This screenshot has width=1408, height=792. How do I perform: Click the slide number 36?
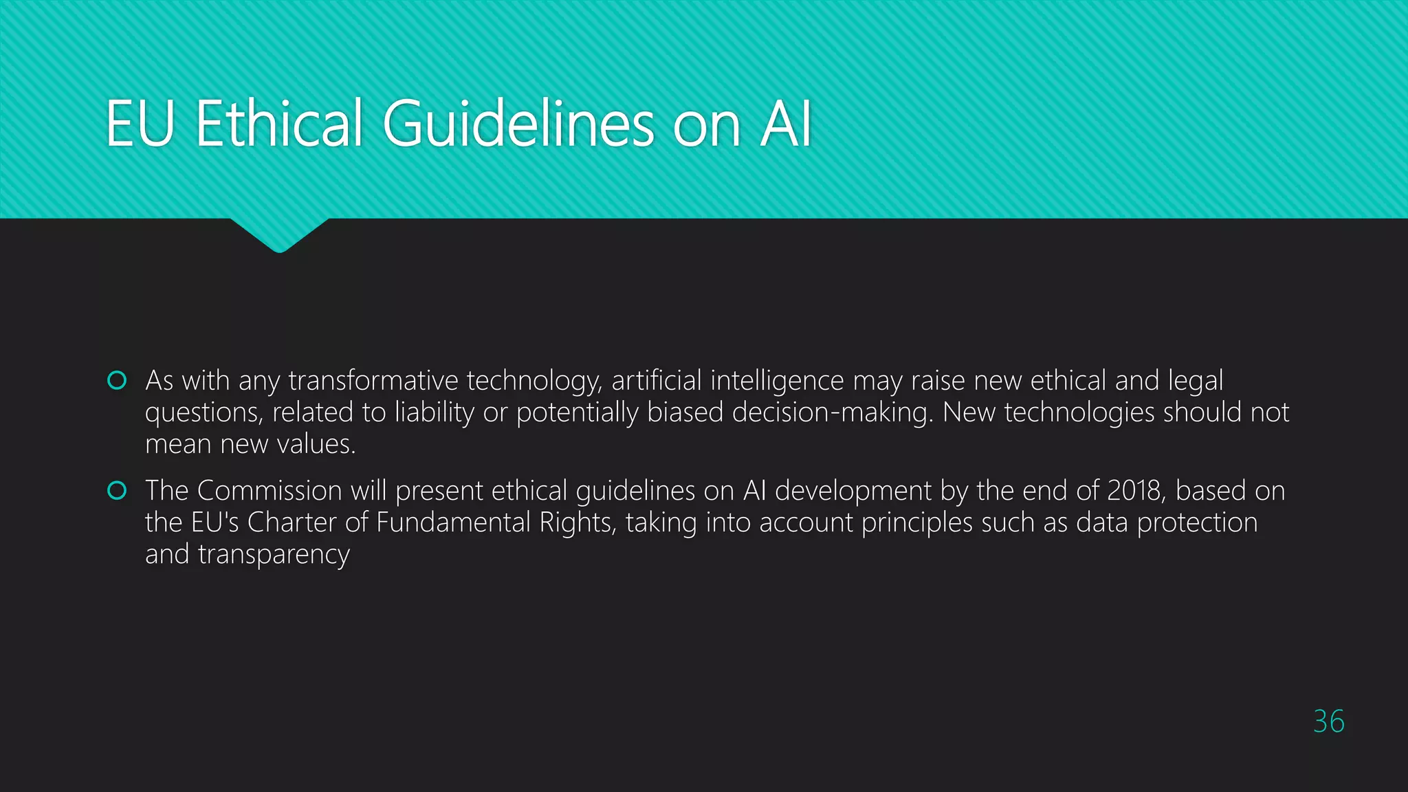(1328, 721)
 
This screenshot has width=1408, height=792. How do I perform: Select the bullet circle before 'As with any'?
(118, 380)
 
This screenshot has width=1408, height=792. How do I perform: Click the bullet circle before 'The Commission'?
(118, 490)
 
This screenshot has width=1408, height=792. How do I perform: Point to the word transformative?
(373, 380)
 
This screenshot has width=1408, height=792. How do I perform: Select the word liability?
(434, 412)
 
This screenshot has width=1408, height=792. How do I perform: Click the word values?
(322, 444)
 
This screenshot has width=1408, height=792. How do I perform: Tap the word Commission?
(269, 491)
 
